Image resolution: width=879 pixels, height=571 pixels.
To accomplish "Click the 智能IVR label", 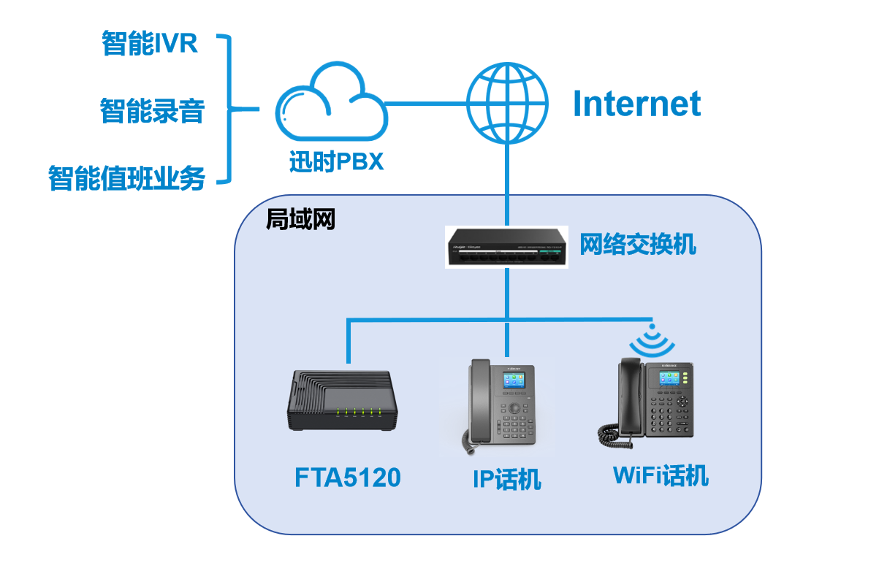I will tap(150, 44).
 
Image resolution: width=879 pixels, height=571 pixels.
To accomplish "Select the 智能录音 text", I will tap(152, 112).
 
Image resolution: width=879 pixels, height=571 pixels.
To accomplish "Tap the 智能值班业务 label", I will tap(126, 177).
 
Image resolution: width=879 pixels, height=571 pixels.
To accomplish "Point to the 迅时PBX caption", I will tap(336, 161).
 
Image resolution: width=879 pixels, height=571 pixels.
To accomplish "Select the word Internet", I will tap(636, 104).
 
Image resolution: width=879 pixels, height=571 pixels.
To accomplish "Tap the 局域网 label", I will tap(300, 218).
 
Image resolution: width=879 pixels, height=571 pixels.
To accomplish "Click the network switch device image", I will tap(506, 247).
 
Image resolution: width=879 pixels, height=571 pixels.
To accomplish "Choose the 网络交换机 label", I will tap(638, 245).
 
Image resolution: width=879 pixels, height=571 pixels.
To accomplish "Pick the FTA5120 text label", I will tap(348, 478).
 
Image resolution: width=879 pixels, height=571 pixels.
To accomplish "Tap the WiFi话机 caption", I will tap(661, 475).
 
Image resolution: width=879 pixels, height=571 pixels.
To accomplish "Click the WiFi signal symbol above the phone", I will tap(651, 340).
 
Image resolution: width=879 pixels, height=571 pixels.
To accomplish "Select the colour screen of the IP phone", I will tap(514, 383).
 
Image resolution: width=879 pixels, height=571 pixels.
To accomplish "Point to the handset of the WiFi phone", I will tap(630, 394).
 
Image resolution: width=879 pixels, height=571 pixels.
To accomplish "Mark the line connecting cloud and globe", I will tap(426, 103).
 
